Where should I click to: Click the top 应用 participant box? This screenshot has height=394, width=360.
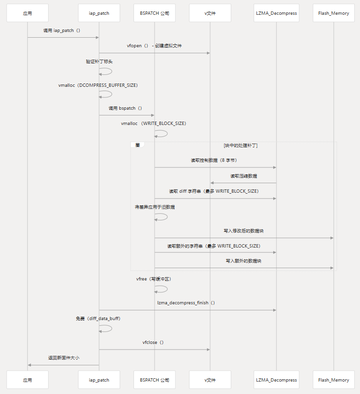(x=28, y=13)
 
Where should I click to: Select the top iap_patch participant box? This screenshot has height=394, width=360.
(x=99, y=13)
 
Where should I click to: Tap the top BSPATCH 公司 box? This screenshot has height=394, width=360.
(x=154, y=13)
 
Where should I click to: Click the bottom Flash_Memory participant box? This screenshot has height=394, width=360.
(x=334, y=380)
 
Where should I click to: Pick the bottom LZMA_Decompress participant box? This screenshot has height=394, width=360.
(x=277, y=380)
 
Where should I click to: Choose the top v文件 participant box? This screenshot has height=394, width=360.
(x=210, y=13)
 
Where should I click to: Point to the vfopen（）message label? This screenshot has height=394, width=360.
(x=154, y=46)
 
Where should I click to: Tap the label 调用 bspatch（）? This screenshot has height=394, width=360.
(x=125, y=108)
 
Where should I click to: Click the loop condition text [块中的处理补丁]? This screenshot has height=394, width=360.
(x=241, y=145)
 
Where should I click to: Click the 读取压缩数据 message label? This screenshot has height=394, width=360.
(x=244, y=176)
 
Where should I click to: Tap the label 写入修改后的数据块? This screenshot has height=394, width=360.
(x=244, y=231)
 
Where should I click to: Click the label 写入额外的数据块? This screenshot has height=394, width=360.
(x=244, y=261)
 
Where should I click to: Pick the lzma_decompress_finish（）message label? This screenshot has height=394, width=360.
(x=186, y=303)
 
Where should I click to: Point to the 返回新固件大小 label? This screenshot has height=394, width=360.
(x=63, y=358)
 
